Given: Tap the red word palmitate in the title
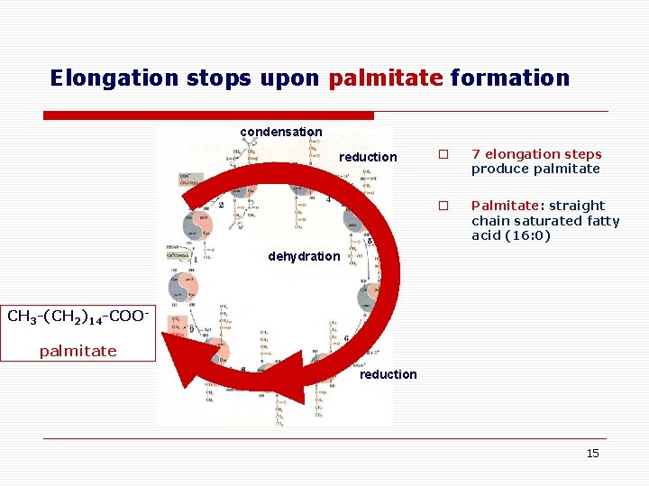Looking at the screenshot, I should pos(386,78).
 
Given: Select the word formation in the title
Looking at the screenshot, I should pos(510,78).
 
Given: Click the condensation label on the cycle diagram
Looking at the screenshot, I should pos(280,132).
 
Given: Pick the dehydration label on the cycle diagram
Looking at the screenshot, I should pos(304,256).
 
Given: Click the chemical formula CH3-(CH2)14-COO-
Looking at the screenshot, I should pos(78,317).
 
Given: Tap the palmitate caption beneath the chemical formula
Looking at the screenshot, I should pos(78,351).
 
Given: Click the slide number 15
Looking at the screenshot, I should pos(592,453).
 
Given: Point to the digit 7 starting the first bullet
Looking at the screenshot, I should pos(476,154).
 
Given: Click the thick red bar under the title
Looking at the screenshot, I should pos(209,115).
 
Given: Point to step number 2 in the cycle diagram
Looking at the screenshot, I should pos(221,205).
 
